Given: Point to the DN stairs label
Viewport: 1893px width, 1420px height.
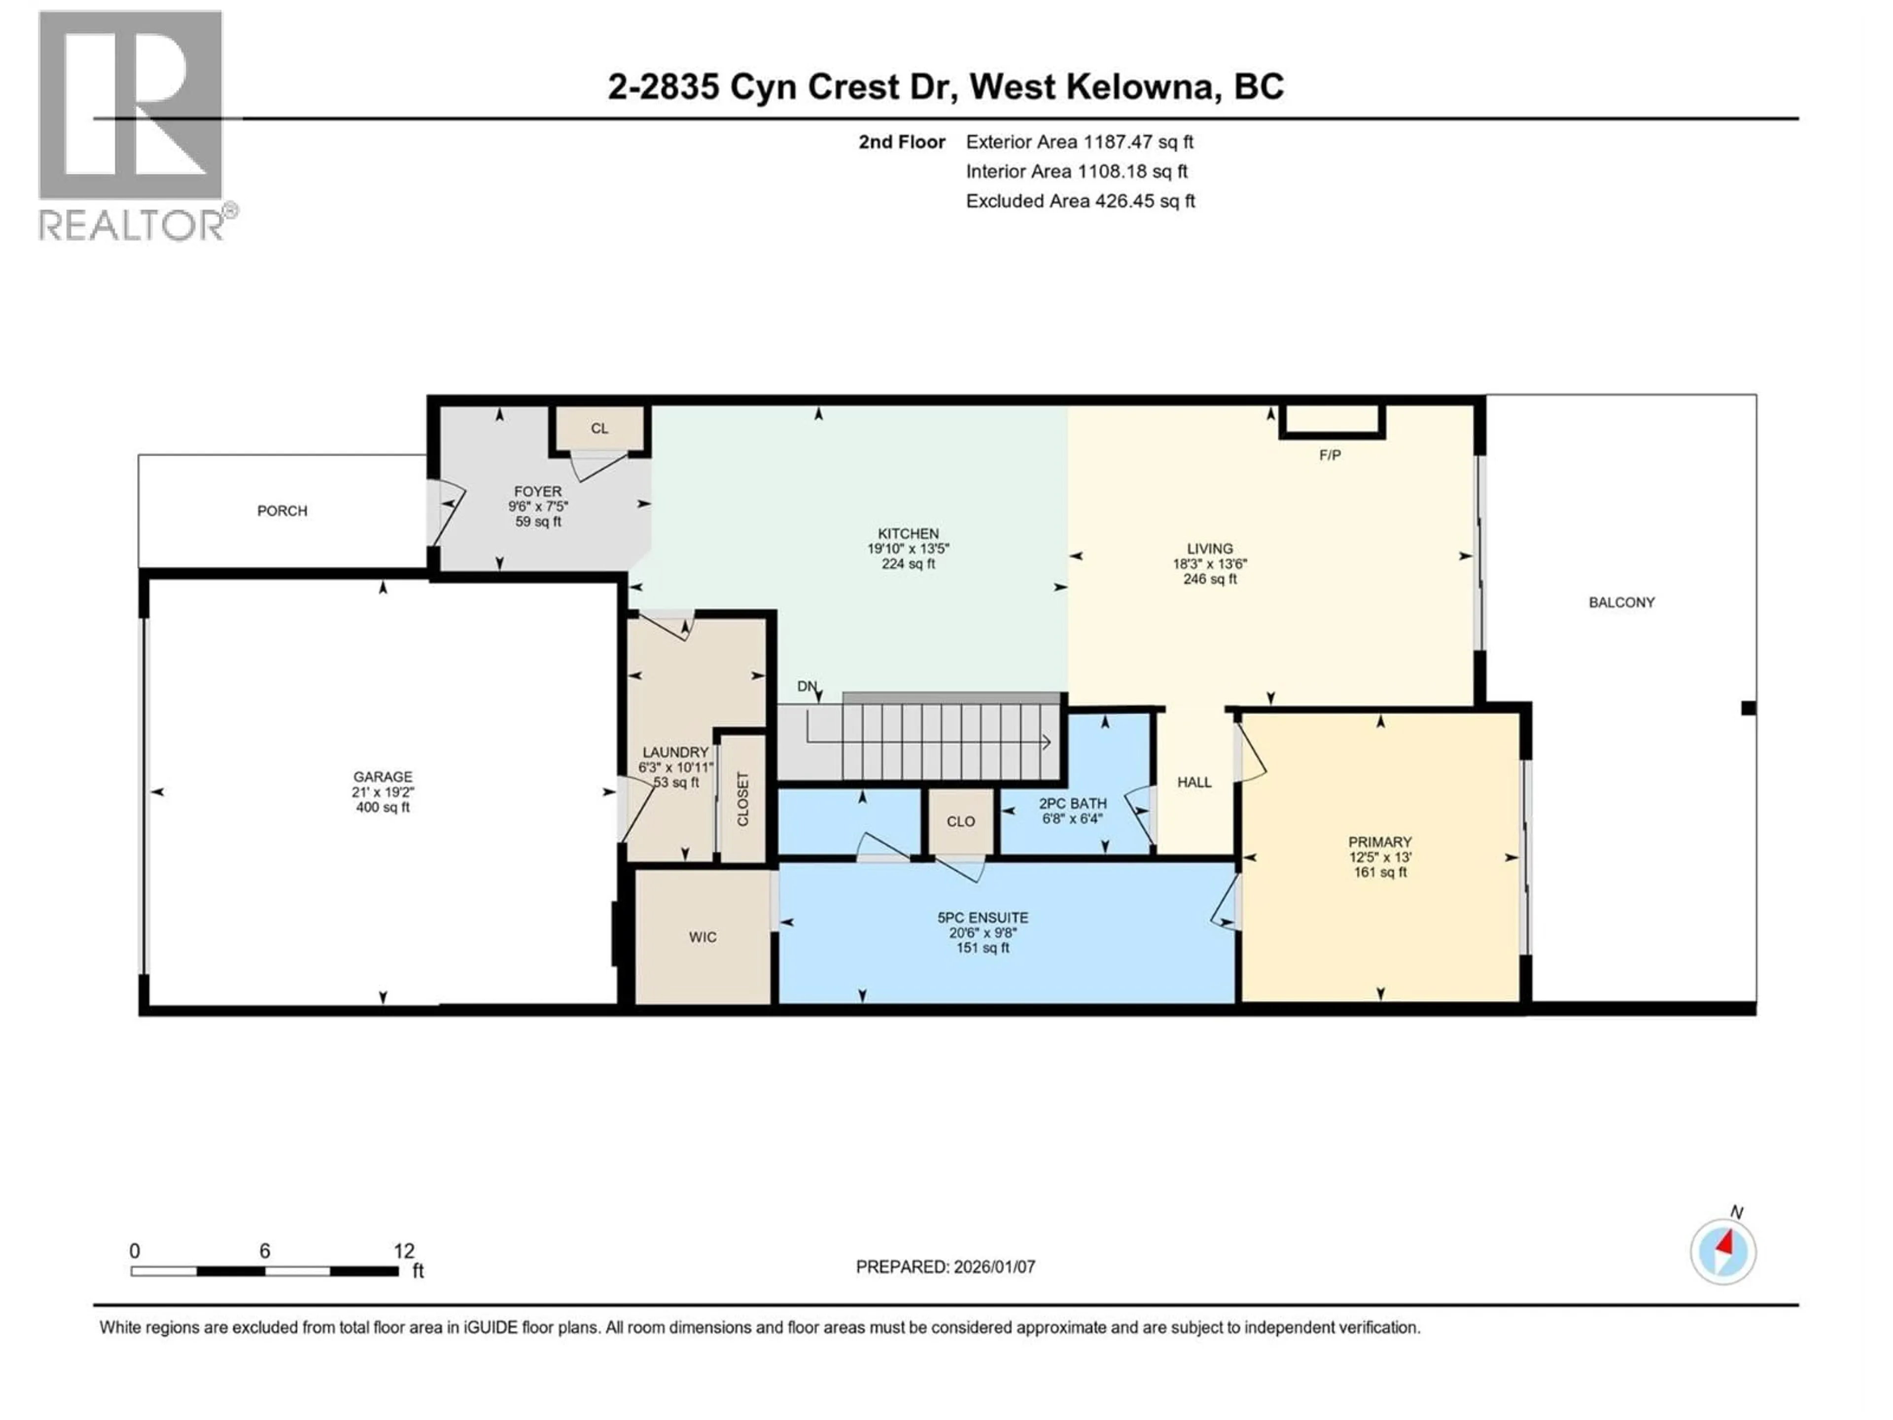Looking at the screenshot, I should tap(806, 686).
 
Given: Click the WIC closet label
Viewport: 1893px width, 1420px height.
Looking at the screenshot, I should tap(702, 937).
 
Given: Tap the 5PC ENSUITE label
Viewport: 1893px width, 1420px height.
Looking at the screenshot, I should tap(982, 918).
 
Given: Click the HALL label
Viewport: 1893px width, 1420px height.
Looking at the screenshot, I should tap(1194, 782).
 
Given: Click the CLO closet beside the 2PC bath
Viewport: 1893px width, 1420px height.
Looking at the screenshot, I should tap(960, 822).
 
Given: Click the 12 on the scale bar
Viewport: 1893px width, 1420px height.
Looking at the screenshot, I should tap(403, 1251).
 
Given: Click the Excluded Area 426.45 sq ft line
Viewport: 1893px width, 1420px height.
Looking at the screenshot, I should tap(1080, 201).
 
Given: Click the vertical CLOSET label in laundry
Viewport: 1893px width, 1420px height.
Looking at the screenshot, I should tap(743, 799).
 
